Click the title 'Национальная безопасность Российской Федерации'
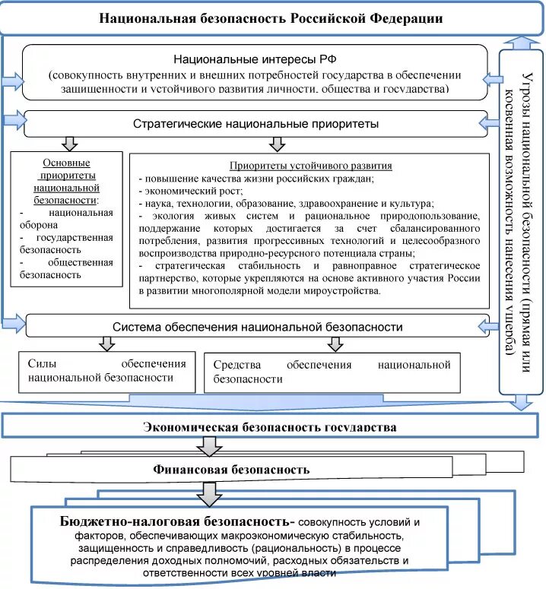pyautogui.click(x=271, y=17)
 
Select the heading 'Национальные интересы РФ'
pyautogui.click(x=255, y=59)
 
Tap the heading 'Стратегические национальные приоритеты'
pyautogui.click(x=256, y=123)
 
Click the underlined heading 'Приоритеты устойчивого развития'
pyautogui.click(x=310, y=166)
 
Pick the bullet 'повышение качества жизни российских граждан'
pyautogui.click(x=259, y=179)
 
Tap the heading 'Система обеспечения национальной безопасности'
pyautogui.click(x=257, y=328)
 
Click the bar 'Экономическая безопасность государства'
pyautogui.click(x=270, y=426)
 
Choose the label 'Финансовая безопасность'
pyautogui.click(x=231, y=469)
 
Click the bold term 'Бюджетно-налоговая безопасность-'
pyautogui.click(x=177, y=522)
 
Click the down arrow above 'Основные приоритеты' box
pyautogui.click(x=69, y=144)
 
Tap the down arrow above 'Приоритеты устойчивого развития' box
pyautogui.click(x=277, y=144)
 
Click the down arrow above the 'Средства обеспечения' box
pyautogui.click(x=335, y=344)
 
